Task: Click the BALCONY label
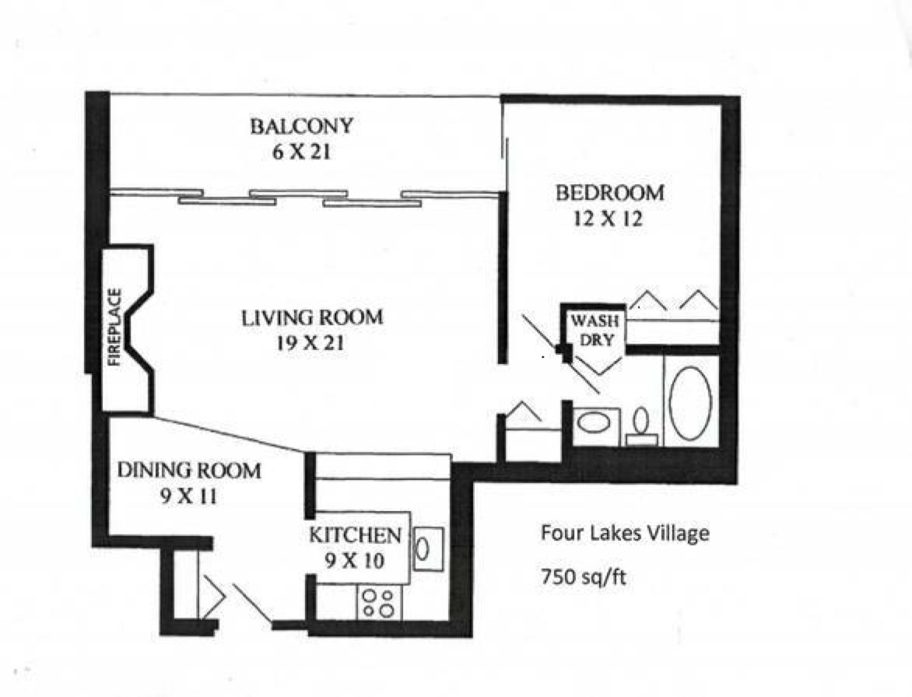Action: [x=301, y=126]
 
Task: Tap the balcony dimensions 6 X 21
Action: [x=301, y=152]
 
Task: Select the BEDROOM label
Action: [x=609, y=192]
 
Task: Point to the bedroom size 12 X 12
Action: [x=608, y=219]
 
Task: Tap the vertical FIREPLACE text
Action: [x=115, y=327]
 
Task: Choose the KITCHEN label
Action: [x=355, y=535]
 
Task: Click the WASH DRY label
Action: [x=595, y=330]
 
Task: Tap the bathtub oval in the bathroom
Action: [x=690, y=402]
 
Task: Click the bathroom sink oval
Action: [x=597, y=424]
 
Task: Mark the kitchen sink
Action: [x=426, y=548]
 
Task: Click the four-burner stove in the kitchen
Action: [x=378, y=603]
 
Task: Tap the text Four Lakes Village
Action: [x=625, y=534]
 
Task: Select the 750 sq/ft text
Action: [x=584, y=578]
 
